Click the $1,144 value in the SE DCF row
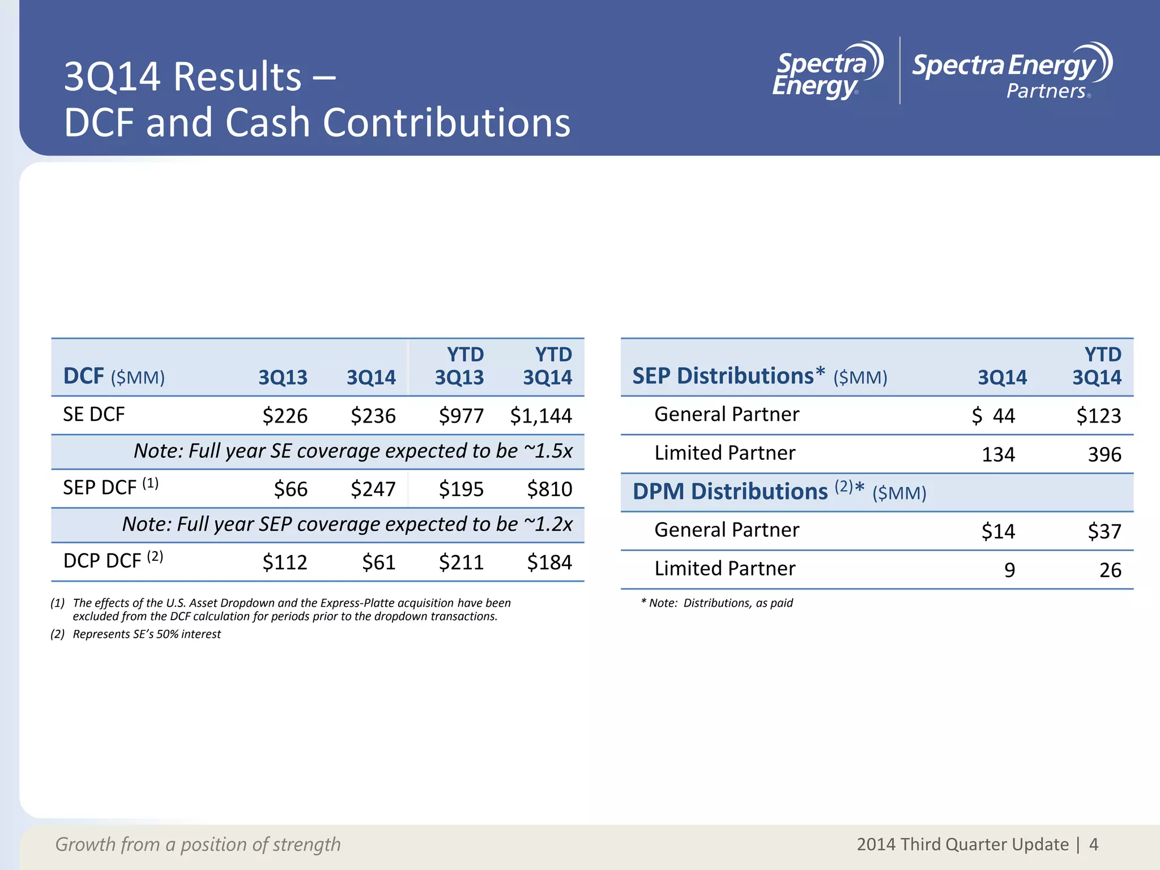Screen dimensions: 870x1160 coord(541,416)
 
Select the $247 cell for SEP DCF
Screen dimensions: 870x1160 coord(373,489)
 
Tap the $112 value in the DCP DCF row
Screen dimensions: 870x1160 coord(284,562)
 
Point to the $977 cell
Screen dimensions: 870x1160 coord(461,416)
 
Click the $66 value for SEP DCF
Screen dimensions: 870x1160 coord(291,489)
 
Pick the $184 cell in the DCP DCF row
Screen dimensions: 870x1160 coord(549,562)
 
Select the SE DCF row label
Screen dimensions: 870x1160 coord(94,415)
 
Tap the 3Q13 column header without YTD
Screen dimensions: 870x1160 coord(283,377)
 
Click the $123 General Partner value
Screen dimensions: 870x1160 coord(1098,416)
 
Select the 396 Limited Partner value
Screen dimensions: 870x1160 coord(1104,454)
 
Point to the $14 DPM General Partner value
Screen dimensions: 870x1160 coord(998,531)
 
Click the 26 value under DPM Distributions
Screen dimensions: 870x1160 coord(1110,570)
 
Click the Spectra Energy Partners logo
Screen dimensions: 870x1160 coord(1012,71)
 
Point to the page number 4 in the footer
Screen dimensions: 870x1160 coord(1094,845)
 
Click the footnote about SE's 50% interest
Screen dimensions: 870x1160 coord(146,634)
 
